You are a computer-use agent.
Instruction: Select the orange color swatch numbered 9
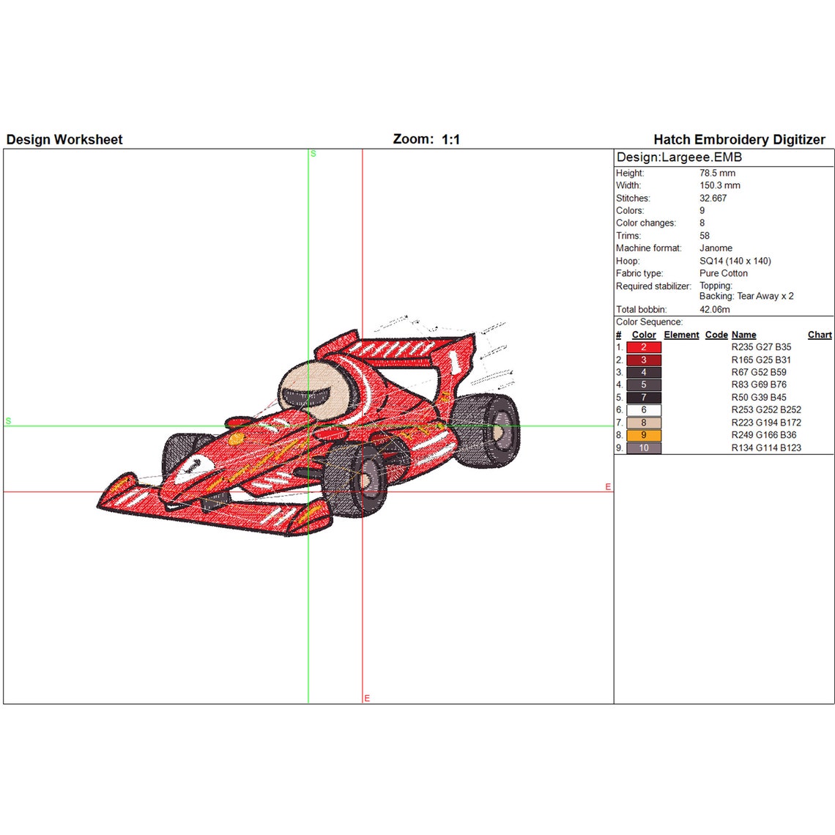644,435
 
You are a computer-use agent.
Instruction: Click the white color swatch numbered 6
644,410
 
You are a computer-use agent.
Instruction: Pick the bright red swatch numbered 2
644,347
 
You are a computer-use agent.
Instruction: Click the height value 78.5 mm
717,174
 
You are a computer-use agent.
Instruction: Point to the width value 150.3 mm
719,186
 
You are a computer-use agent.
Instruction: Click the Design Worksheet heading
64,140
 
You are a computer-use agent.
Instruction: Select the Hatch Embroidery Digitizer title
739,140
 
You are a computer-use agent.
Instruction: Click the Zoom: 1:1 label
426,139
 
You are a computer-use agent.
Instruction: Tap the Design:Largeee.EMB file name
679,157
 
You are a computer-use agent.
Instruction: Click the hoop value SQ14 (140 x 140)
735,261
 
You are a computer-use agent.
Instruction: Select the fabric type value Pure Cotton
723,273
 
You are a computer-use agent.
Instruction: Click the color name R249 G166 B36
763,435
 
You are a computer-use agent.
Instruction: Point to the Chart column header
820,335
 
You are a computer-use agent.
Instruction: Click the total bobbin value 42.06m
714,310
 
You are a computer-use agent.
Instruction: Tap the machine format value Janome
716,248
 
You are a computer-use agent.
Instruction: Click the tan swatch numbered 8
644,423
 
